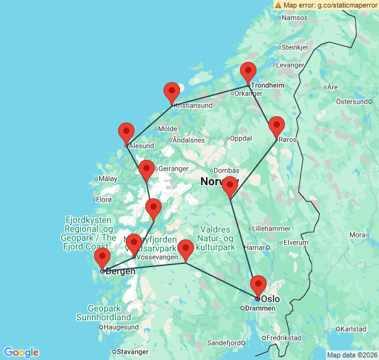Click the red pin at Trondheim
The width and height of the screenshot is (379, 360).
(248, 71)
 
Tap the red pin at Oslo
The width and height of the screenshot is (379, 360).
(258, 285)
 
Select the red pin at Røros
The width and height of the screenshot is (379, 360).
(277, 126)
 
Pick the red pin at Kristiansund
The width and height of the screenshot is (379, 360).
(172, 92)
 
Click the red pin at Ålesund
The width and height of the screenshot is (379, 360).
(126, 132)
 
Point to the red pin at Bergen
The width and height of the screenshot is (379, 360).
(102, 257)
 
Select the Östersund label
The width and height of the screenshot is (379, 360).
(352, 101)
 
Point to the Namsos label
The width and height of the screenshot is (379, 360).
(294, 18)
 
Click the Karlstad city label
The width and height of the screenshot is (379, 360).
(352, 329)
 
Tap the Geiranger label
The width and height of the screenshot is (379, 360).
(174, 169)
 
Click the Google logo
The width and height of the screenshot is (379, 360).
(20, 352)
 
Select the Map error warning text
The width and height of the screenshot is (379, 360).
(325, 4)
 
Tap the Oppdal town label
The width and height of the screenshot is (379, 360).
(241, 138)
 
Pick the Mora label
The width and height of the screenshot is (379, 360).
(358, 235)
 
